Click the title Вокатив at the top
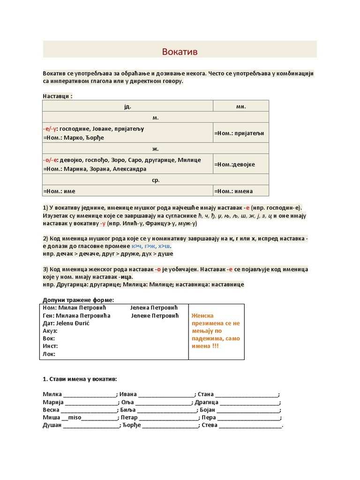pyautogui.click(x=180, y=52)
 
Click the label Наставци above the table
pyautogui.click(x=57, y=96)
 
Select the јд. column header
pyautogui.click(x=127, y=106)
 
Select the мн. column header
pyautogui.click(x=241, y=106)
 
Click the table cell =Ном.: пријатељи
pyautogui.click(x=239, y=133)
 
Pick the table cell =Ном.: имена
pyautogui.click(x=233, y=191)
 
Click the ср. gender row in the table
pyautogui.click(x=155, y=180)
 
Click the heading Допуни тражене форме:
pyautogui.click(x=78, y=300)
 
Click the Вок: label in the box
pyautogui.click(x=49, y=338)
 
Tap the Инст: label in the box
pyautogui.click(x=50, y=346)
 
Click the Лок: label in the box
pyautogui.click(x=49, y=354)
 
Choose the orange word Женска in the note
pyautogui.click(x=202, y=316)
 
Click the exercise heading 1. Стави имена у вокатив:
pyautogui.click(x=80, y=379)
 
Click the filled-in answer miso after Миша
pyautogui.click(x=75, y=418)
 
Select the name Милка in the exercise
pyautogui.click(x=52, y=394)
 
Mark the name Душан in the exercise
pyautogui.click(x=52, y=426)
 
